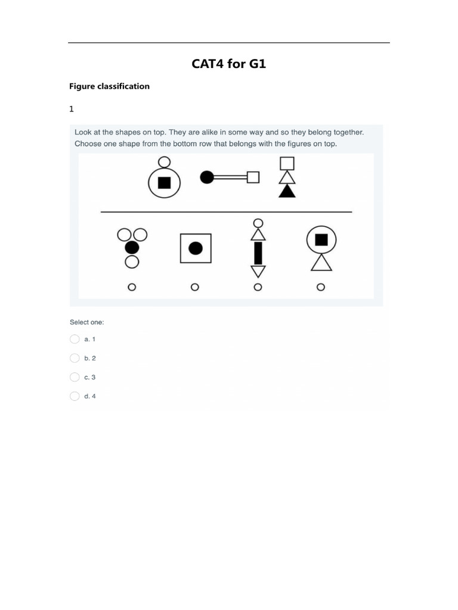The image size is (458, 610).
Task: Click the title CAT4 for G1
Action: pos(228,64)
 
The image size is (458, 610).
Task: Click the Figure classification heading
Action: pos(109,86)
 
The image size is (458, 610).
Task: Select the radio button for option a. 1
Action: pos(75,339)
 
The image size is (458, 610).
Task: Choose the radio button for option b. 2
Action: pos(75,358)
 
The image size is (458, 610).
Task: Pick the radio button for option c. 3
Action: pos(75,377)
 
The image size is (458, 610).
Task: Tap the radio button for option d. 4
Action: pos(75,396)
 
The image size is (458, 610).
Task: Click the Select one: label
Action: pos(86,322)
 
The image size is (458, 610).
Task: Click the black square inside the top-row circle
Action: pos(164,182)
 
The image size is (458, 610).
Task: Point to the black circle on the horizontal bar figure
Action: pos(207,177)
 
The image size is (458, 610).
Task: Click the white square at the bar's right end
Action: pos(253,177)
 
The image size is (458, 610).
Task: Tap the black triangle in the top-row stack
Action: pos(287,191)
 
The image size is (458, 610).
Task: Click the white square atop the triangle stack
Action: pos(287,163)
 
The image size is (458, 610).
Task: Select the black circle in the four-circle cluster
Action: pos(132,247)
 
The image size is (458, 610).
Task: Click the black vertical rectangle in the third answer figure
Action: pos(258,253)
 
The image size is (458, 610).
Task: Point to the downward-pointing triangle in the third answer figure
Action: pos(258,271)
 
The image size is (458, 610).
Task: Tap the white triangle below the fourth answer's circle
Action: pos(321,263)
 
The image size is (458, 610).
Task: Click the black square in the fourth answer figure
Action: pos(321,239)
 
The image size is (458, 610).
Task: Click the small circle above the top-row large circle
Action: pos(164,161)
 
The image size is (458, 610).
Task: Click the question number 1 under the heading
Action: pos(72,109)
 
